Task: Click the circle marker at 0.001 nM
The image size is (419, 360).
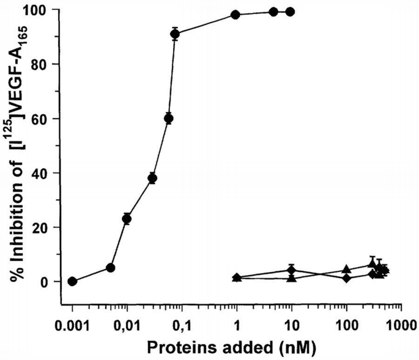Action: coord(72,281)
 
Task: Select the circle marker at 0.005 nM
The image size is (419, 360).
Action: coord(111,268)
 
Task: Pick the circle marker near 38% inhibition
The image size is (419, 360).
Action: coord(152,178)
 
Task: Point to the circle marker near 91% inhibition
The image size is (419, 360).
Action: coord(175,34)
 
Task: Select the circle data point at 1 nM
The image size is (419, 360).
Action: coord(235,15)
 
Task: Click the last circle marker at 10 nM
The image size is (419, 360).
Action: coord(291,12)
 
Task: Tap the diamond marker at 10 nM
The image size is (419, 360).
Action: coord(292,270)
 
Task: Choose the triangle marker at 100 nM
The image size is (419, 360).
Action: coord(347,270)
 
